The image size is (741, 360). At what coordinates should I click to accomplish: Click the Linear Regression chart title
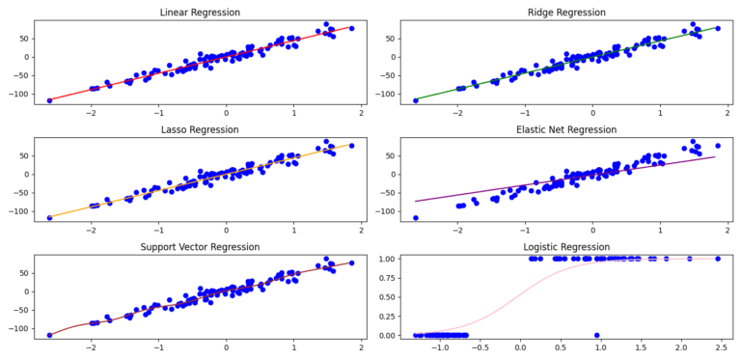pyautogui.click(x=200, y=13)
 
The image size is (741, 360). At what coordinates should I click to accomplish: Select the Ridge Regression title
pyautogui.click(x=566, y=13)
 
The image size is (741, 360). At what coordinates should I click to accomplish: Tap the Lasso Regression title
pyautogui.click(x=200, y=130)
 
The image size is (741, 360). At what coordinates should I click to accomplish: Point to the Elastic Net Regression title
pyautogui.click(x=566, y=130)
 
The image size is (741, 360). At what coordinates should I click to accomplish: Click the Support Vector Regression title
pyautogui.click(x=200, y=248)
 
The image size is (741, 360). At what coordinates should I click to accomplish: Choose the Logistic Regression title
pyautogui.click(x=566, y=248)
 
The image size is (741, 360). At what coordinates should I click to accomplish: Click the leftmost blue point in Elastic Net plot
pyautogui.click(x=416, y=218)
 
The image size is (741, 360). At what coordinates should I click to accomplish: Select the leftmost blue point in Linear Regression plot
pyautogui.click(x=49, y=100)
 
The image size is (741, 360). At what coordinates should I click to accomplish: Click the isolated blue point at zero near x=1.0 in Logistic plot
pyautogui.click(x=597, y=335)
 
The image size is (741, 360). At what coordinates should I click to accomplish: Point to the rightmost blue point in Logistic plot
pyautogui.click(x=717, y=259)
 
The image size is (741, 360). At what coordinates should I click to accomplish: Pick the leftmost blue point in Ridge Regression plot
pyautogui.click(x=416, y=100)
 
